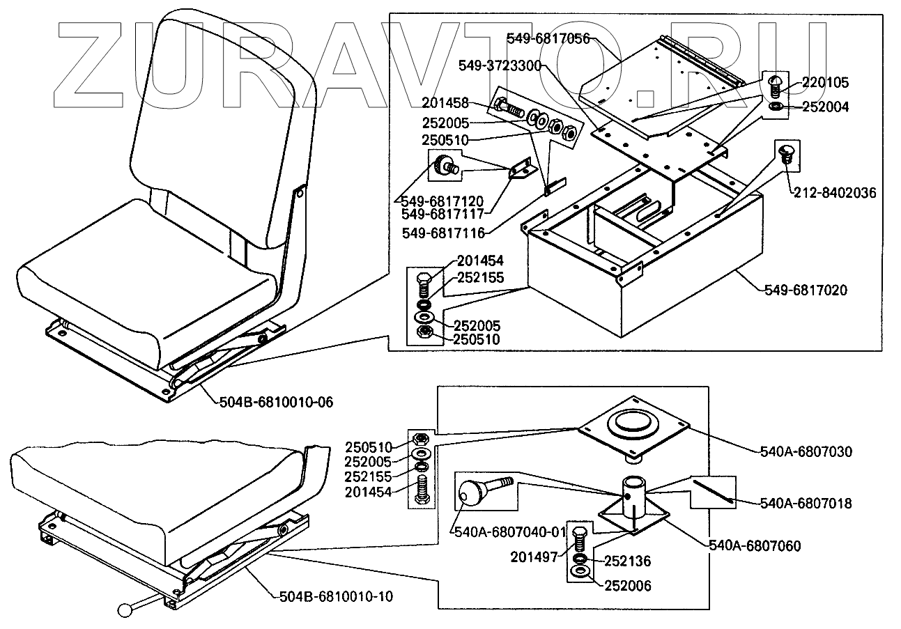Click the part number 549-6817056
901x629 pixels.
[x=548, y=39]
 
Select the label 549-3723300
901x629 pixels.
[x=500, y=65]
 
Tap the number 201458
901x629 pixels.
[x=446, y=102]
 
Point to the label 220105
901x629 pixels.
[x=826, y=83]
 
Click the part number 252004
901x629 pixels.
[x=826, y=107]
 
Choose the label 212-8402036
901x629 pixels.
[x=833, y=192]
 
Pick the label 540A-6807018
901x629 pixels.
[x=806, y=503]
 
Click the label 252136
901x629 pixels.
[x=626, y=561]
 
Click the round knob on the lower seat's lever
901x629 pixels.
[x=126, y=609]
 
